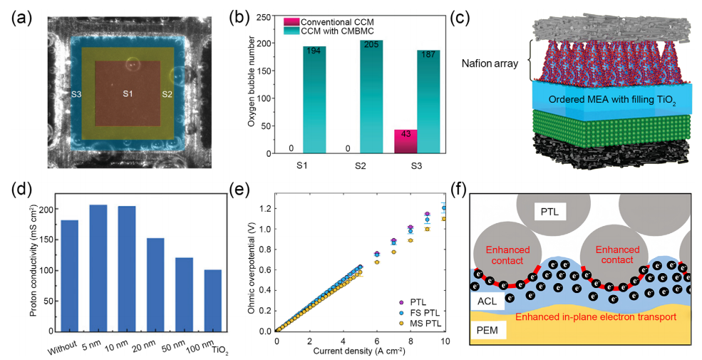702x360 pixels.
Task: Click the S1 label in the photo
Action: pyautogui.click(x=128, y=93)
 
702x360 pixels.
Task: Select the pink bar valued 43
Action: pyautogui.click(x=406, y=141)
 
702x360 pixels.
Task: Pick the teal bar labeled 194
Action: pyautogui.click(x=314, y=100)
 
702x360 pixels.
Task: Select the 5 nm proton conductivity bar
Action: pyautogui.click(x=98, y=268)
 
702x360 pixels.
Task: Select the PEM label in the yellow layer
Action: pyautogui.click(x=492, y=330)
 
